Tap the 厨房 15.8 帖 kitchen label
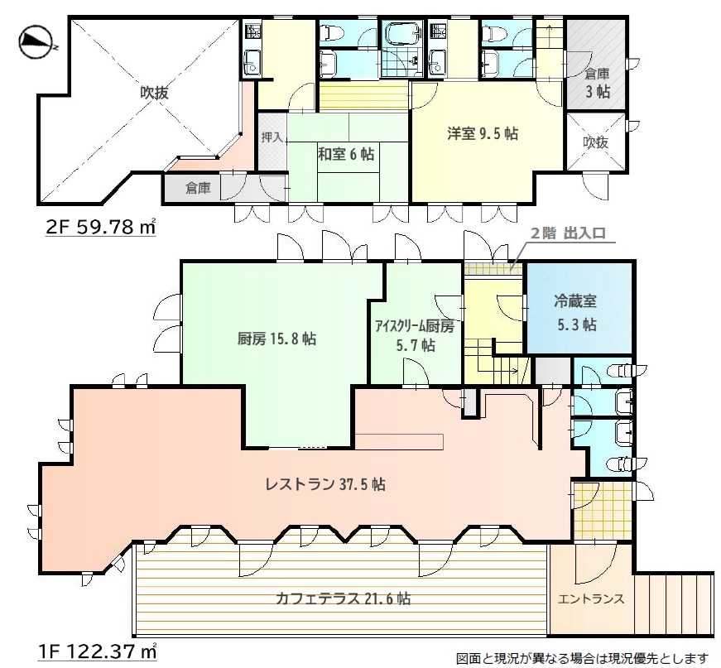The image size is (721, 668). pyautogui.click(x=276, y=339)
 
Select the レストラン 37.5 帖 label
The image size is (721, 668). pyautogui.click(x=325, y=484)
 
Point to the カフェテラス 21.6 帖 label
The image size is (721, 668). pyautogui.click(x=343, y=598)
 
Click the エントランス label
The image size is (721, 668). pyautogui.click(x=591, y=598)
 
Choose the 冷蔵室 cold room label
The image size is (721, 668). pyautogui.click(x=575, y=301)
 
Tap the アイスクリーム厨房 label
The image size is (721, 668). pyautogui.click(x=415, y=326)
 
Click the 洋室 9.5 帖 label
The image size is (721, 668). pyautogui.click(x=483, y=133)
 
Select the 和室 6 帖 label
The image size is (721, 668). pyautogui.click(x=346, y=154)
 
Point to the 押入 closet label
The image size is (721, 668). pyautogui.click(x=272, y=137)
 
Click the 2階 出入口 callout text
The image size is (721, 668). pyautogui.click(x=569, y=233)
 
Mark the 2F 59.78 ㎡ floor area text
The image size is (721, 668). pyautogui.click(x=101, y=227)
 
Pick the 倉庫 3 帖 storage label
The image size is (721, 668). pyautogui.click(x=598, y=82)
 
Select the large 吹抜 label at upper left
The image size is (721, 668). pyautogui.click(x=155, y=93)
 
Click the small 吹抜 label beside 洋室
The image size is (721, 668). pyautogui.click(x=595, y=142)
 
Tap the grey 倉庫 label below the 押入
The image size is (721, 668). pyautogui.click(x=198, y=188)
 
